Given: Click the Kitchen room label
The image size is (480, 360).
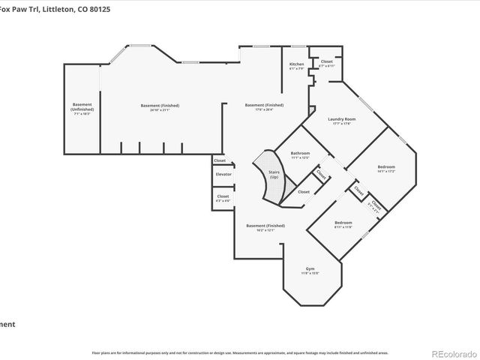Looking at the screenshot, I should coord(297,64).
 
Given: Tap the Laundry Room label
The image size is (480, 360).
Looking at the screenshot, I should coord(341,119).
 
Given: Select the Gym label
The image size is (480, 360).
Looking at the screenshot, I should coord(310,268).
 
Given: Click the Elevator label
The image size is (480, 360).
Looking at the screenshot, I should coord(223,174).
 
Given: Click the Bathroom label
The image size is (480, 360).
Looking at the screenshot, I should coord(301,153).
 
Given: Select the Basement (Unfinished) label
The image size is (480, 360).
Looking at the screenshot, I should coord(82,106).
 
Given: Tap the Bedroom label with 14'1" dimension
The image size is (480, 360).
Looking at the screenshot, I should coord(386,166).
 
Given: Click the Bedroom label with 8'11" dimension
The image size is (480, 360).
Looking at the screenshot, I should coord(343,223).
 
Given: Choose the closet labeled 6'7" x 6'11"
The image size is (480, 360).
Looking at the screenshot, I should coord(326,66).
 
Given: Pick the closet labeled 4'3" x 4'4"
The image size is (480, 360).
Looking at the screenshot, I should coord(223,200).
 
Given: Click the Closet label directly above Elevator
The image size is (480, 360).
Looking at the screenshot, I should coord(220,160).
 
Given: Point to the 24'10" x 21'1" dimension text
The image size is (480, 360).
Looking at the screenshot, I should coord(160,109).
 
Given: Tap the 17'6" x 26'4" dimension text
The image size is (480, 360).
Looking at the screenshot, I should coord(264,109).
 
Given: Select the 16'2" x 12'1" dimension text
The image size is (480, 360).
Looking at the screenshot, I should coord(265,230).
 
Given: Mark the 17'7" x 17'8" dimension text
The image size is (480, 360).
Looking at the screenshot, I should coord(341,124).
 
